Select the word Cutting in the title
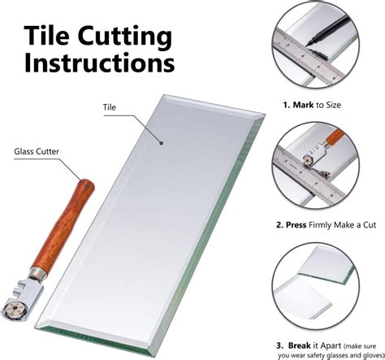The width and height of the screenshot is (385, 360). tap(125, 38)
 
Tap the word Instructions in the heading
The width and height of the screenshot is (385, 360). tap(99, 63)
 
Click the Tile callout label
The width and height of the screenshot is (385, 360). tap(110, 107)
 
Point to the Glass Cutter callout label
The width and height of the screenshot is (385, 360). tap(37, 151)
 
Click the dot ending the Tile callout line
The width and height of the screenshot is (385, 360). tap(161, 143)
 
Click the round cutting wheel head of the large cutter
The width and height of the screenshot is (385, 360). tap(15, 310)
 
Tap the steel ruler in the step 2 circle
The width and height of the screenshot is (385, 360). tap(309, 179)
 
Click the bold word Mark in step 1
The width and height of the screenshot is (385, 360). tap(303, 105)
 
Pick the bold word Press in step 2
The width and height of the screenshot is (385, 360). tap(296, 225)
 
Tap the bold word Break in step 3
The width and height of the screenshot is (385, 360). tap(299, 345)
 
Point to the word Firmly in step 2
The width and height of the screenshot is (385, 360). tap(320, 225)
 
